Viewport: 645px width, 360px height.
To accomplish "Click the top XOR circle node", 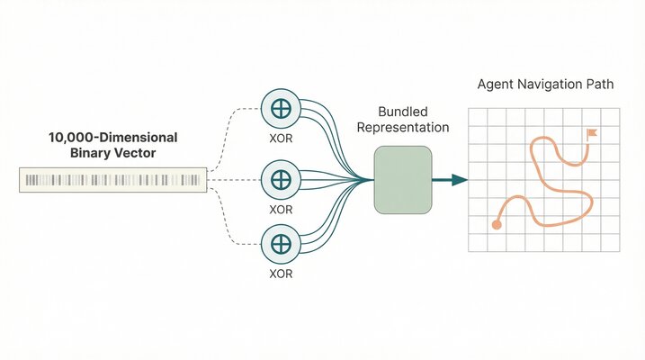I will click(x=281, y=109).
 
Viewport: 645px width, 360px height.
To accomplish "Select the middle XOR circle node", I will click(x=281, y=180).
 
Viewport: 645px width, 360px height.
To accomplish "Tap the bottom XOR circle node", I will click(x=281, y=244).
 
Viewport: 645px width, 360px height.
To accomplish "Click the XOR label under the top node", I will click(x=281, y=139).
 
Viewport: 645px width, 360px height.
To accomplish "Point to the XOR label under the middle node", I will click(x=281, y=209).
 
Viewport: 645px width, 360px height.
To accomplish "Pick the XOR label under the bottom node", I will click(x=281, y=271).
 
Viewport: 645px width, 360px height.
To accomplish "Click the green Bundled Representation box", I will click(x=401, y=181).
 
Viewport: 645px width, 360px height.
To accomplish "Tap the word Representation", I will click(x=402, y=127).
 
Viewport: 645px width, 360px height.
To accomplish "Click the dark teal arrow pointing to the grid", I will click(x=449, y=180).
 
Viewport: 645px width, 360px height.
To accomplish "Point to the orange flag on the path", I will click(x=591, y=134).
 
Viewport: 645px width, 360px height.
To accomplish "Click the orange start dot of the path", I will click(x=496, y=224).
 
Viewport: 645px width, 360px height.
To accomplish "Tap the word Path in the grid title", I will click(x=599, y=85).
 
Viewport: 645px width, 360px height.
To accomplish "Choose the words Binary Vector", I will click(x=112, y=153).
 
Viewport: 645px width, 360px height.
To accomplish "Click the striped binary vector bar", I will click(x=112, y=180).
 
